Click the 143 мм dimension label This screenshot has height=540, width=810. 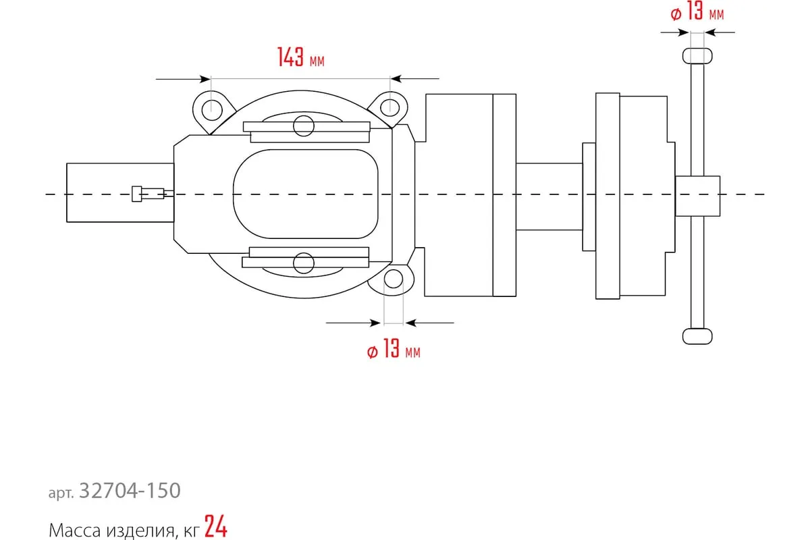(x=301, y=57)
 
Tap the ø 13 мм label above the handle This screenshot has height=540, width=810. (x=697, y=11)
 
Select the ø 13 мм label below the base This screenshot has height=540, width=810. (x=394, y=348)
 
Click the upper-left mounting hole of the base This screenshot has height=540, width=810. (x=211, y=110)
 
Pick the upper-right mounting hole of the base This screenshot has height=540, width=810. (x=390, y=107)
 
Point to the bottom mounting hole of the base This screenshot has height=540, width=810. (x=394, y=279)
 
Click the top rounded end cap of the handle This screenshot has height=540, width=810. (x=697, y=56)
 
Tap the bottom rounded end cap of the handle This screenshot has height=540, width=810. (x=697, y=336)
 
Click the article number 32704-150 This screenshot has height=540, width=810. (x=130, y=491)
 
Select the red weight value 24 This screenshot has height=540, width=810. (x=216, y=526)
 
